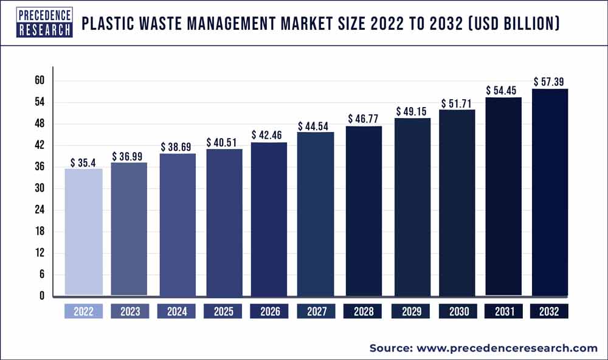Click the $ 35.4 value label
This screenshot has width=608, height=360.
tap(83, 162)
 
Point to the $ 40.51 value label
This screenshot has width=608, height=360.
tap(223, 143)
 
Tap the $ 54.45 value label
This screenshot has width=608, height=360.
tap(503, 91)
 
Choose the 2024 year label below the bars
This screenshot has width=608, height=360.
tap(176, 311)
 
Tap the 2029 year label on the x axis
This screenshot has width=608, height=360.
tap(409, 311)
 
